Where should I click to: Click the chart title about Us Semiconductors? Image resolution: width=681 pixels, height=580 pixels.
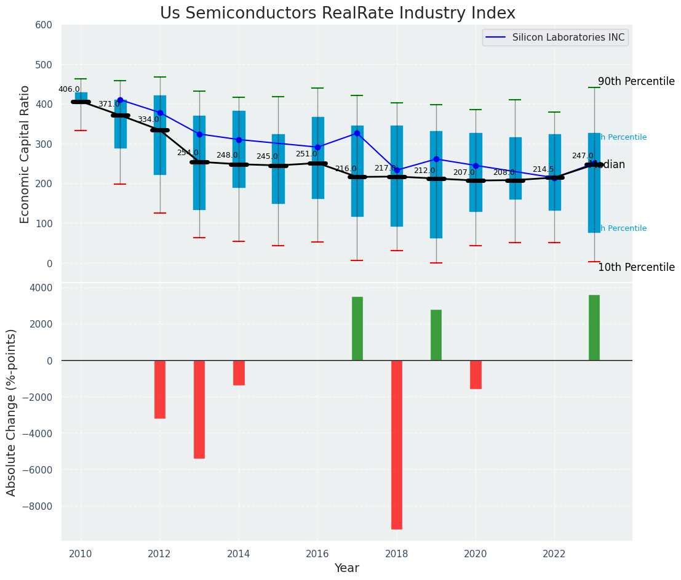click(338, 13)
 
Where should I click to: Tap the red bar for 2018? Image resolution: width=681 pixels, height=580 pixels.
click(397, 445)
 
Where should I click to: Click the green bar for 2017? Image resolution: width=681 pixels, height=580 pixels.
click(357, 329)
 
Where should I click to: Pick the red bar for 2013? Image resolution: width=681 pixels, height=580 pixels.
click(199, 409)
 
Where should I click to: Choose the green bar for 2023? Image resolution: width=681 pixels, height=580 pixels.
click(594, 328)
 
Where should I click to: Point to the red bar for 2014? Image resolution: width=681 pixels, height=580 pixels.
click(239, 373)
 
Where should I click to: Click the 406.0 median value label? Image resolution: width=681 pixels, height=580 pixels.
click(69, 89)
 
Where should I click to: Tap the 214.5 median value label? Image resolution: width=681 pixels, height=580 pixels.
click(543, 169)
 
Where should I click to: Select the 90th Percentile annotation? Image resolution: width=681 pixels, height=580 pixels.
click(636, 81)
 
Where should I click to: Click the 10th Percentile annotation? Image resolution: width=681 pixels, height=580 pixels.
click(636, 267)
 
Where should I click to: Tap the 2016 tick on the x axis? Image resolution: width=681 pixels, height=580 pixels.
click(317, 554)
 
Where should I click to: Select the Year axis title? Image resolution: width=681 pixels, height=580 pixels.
click(347, 568)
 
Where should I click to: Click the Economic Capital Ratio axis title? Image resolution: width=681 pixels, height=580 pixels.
click(25, 154)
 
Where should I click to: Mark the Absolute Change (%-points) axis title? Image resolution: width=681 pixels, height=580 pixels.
click(12, 412)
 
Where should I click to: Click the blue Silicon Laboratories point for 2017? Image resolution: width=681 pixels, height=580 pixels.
click(357, 133)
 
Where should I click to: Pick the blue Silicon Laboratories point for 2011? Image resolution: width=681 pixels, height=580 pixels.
click(120, 100)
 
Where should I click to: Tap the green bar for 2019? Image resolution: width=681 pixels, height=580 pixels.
click(436, 335)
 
